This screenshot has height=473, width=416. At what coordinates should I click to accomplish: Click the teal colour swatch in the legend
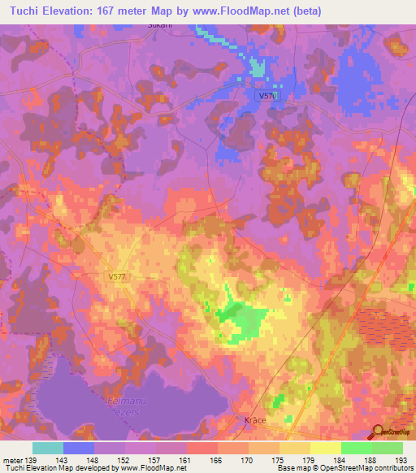click(x=48, y=448)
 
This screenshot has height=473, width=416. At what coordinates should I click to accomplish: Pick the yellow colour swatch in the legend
click(x=326, y=448)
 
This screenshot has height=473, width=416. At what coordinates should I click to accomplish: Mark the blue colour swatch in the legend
click(x=79, y=448)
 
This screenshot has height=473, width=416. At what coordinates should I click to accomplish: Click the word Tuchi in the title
click(x=25, y=11)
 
